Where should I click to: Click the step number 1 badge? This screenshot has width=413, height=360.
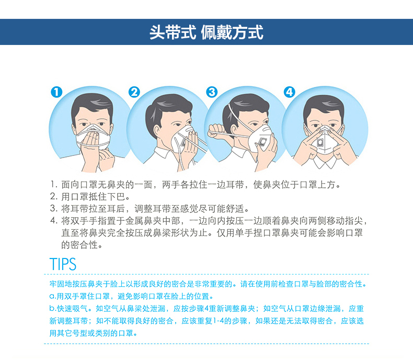click(56, 92)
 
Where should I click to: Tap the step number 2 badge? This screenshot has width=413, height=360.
click(134, 92)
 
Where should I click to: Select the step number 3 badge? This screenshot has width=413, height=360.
click(212, 92)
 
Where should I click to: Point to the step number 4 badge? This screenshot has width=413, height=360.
click(289, 92)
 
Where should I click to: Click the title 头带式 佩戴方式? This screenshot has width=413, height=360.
click(206, 32)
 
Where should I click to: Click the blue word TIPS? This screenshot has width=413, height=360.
click(63, 264)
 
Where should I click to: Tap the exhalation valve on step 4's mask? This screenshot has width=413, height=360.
click(320, 142)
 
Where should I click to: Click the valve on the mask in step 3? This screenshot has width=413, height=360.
click(262, 142)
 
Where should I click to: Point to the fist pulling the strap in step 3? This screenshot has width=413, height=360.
click(216, 131)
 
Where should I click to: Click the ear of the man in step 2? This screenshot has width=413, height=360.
click(157, 131)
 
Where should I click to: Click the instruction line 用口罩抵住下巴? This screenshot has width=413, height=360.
click(90, 197)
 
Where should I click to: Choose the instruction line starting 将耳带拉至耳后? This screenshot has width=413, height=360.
click(150, 209)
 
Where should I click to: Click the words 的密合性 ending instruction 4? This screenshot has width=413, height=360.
click(82, 245)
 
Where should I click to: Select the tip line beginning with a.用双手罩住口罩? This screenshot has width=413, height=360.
click(131, 296)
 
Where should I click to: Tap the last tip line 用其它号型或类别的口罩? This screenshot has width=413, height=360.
click(93, 333)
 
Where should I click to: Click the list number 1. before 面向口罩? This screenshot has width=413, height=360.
click(54, 185)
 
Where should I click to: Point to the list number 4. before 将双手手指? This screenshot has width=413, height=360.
click(54, 221)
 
